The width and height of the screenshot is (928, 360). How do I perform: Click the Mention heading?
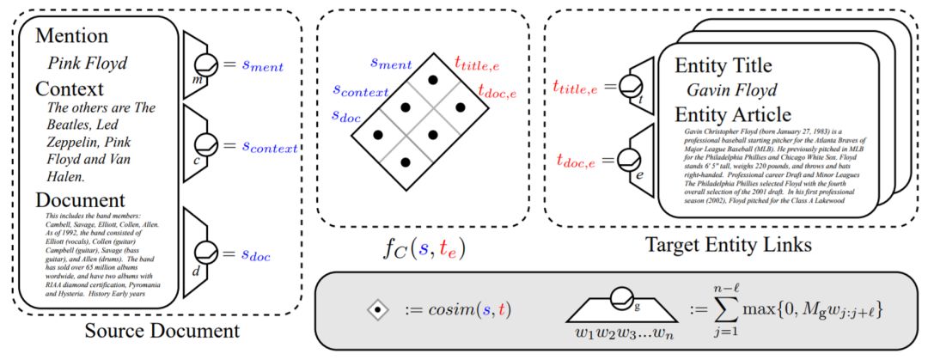pos(73,36)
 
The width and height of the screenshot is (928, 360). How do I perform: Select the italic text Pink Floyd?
pos(87,63)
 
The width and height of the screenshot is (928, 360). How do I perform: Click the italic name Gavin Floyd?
pos(732,89)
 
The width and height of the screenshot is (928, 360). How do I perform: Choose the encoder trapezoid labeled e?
pos(633,160)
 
